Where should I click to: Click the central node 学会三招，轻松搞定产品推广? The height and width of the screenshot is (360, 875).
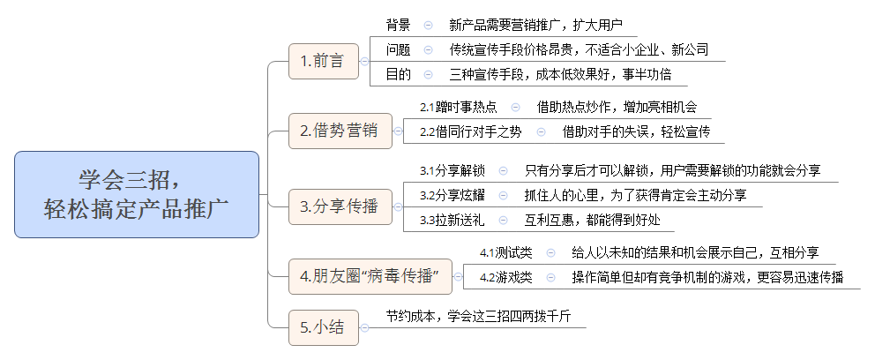[x=137, y=194]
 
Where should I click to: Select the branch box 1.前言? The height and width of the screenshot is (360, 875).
[x=323, y=61]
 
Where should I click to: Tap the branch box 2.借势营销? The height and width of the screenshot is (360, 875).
[x=339, y=131]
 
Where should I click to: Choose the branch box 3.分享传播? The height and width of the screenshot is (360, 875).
[x=339, y=207]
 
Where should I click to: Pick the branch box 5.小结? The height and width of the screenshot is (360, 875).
[x=324, y=328]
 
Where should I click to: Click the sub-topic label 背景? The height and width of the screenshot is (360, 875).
[x=398, y=25]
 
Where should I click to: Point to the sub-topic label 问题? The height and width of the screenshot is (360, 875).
[x=398, y=49]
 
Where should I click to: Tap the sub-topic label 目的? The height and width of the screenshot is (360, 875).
[x=398, y=74]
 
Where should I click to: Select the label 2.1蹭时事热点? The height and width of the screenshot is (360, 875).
[x=458, y=108]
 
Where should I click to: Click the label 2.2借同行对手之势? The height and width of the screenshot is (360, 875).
[x=470, y=132]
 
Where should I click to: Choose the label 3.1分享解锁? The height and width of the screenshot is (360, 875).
[x=452, y=170]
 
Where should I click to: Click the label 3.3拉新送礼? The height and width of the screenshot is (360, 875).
[x=452, y=220]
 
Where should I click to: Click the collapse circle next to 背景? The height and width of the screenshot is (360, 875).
[x=428, y=25]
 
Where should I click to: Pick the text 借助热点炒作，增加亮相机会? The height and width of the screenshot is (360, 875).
[x=617, y=108]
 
